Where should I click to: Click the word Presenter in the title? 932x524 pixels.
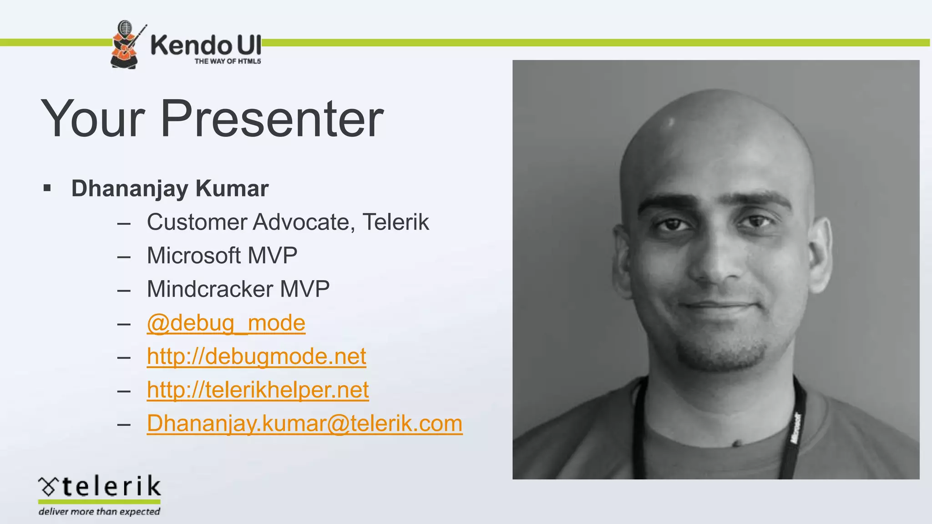click(x=272, y=119)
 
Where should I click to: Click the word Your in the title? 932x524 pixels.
click(x=93, y=119)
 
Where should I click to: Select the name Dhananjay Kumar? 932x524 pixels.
click(x=170, y=189)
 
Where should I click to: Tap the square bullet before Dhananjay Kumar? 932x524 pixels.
click(x=47, y=188)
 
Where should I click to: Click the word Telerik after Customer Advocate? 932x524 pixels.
click(x=395, y=222)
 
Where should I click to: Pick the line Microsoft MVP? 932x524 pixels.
click(x=222, y=256)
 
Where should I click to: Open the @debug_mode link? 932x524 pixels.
click(x=226, y=323)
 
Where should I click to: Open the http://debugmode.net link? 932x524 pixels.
click(x=256, y=356)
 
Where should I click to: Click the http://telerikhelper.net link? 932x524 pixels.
click(x=258, y=390)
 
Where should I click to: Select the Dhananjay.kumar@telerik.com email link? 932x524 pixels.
click(x=304, y=423)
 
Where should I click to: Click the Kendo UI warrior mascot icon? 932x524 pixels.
click(x=125, y=45)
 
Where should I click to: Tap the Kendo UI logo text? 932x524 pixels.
click(x=206, y=45)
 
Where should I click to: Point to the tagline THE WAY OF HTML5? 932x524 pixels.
click(x=228, y=61)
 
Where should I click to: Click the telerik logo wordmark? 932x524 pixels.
click(x=111, y=486)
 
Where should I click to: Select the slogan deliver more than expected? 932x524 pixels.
click(x=99, y=512)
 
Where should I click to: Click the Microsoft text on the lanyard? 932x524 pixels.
click(x=796, y=428)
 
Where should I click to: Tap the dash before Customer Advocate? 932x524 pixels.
click(x=124, y=223)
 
